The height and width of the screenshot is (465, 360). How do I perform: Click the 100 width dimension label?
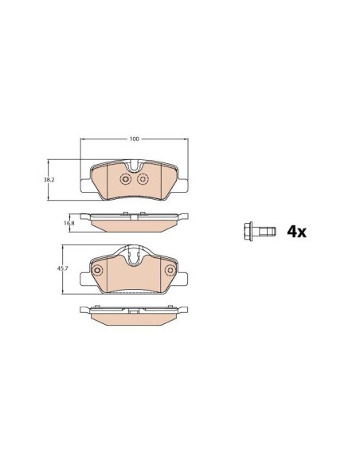click(134, 139)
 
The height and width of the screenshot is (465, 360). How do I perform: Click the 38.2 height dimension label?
click(48, 180)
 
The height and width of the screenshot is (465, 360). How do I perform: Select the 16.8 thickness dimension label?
click(68, 222)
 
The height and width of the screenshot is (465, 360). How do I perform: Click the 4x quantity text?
click(296, 232)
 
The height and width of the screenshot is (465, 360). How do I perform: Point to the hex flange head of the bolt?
click(248, 232)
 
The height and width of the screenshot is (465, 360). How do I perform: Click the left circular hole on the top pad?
click(125, 179)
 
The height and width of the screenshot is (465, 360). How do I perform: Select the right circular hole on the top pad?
click(143, 179)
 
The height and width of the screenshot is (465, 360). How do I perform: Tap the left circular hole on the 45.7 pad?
click(97, 270)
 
